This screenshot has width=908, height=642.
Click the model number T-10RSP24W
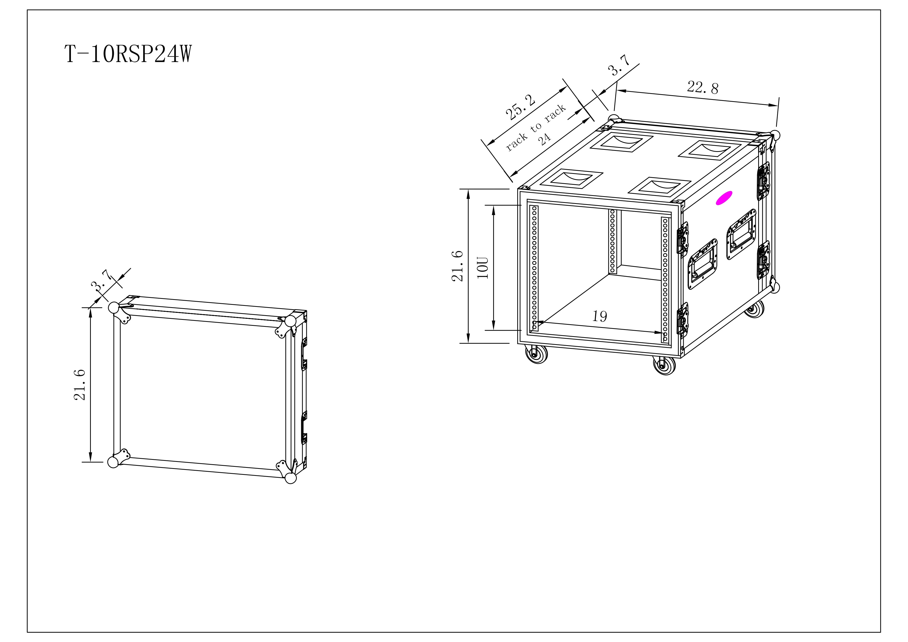coord(128,54)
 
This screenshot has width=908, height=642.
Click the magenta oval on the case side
coord(724,198)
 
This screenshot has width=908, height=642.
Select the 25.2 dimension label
coord(520,107)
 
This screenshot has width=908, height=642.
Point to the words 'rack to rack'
coord(536,127)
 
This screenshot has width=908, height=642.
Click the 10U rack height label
coord(483,268)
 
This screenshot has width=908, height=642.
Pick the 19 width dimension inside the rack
coord(600,316)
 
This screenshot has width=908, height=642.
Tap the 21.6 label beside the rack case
coord(457,266)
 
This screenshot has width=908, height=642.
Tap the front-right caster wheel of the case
coord(665,365)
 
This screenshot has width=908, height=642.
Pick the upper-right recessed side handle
coord(741,234)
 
